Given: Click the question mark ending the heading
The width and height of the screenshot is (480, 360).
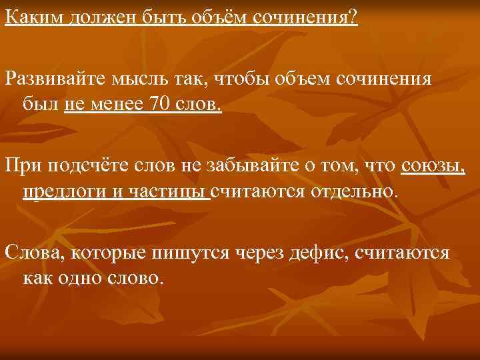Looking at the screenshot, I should (x=353, y=15).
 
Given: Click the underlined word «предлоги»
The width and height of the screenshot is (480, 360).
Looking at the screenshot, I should (x=56, y=192).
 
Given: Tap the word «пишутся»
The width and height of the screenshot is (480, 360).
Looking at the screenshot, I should (x=189, y=254).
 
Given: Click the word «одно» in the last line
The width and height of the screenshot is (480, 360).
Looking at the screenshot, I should (x=79, y=276).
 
